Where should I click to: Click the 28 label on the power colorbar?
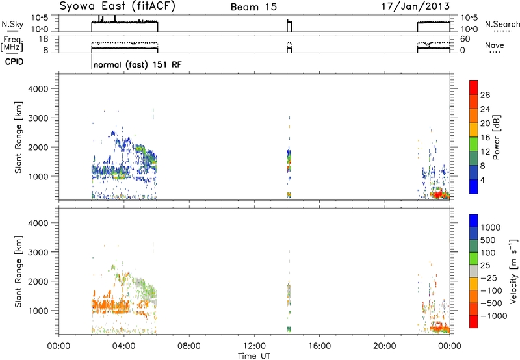tap(485, 94)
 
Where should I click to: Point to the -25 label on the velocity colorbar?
tap(488, 279)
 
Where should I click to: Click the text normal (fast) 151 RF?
tap(136, 65)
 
